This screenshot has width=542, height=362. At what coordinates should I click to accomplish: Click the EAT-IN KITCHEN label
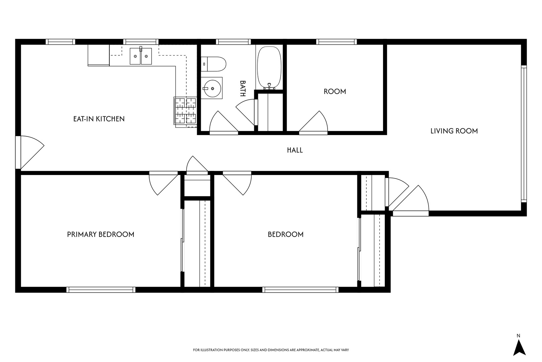click(x=99, y=119)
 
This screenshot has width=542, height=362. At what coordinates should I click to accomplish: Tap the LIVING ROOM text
click(x=454, y=131)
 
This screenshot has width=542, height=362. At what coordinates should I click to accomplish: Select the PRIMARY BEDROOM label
click(x=100, y=234)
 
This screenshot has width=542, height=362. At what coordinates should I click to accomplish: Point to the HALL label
click(x=295, y=150)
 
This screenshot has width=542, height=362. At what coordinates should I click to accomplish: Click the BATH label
click(x=243, y=88)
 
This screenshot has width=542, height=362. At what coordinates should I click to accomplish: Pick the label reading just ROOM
click(x=335, y=92)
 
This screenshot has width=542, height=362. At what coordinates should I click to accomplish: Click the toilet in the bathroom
click(x=213, y=64)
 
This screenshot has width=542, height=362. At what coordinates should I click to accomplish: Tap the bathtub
click(x=269, y=68)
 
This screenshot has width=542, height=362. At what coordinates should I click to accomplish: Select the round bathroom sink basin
click(x=212, y=88)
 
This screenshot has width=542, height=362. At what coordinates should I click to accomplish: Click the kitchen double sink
click(x=141, y=56)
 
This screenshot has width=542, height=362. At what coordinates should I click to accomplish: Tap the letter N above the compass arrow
click(x=518, y=336)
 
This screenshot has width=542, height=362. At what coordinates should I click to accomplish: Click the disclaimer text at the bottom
click(x=271, y=350)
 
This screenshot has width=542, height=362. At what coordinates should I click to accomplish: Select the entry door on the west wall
click(x=30, y=152)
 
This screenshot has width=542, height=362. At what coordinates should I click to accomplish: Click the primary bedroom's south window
click(x=101, y=290)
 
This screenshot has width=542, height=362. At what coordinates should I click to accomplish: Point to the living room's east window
click(x=524, y=134)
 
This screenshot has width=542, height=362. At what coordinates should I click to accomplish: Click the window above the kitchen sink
click(x=141, y=42)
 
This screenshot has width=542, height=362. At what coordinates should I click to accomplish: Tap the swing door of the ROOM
click(x=313, y=123)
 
